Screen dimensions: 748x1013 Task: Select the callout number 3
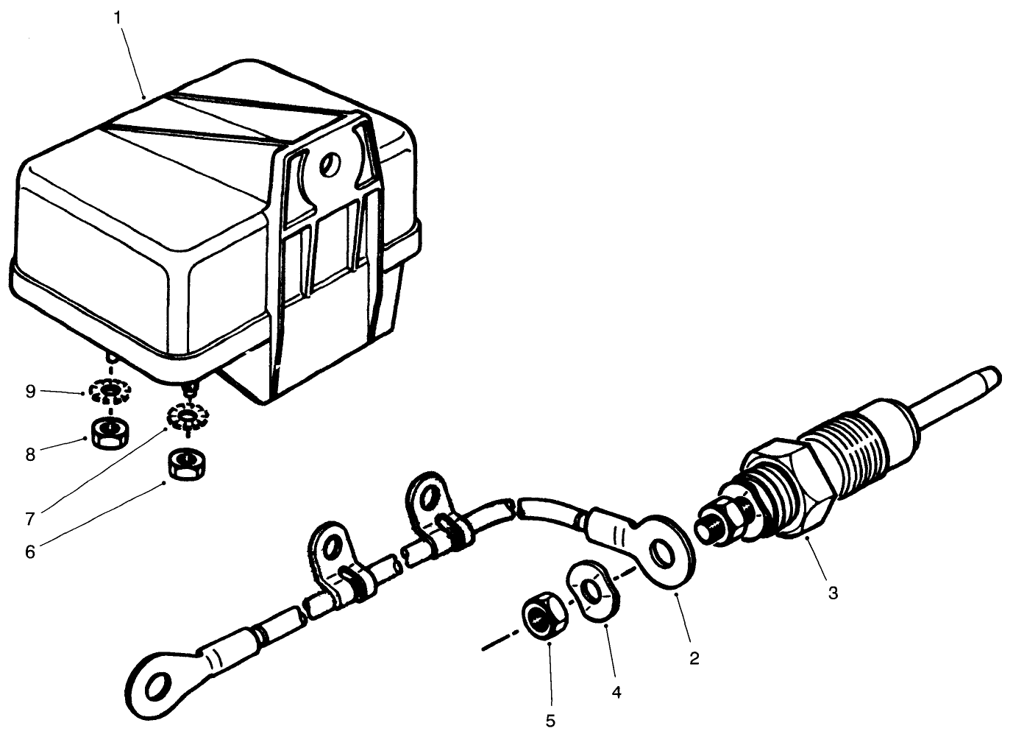coord(832,593)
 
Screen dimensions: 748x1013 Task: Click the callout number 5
coord(550,721)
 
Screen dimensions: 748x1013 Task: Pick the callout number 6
coord(30,551)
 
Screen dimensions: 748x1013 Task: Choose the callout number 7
coord(30,519)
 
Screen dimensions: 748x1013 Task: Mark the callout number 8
coord(30,454)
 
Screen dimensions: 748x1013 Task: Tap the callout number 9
coord(30,392)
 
